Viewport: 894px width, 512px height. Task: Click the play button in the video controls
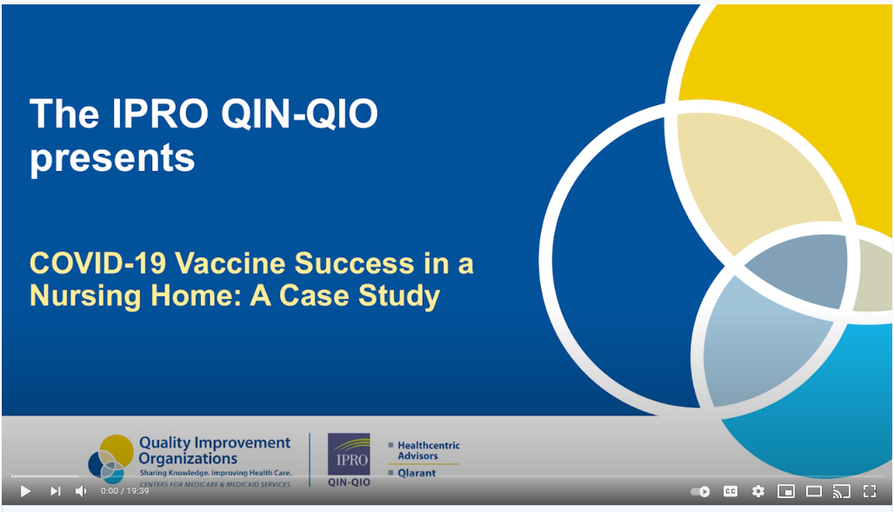point(25,491)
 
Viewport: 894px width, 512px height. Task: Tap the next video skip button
point(56,491)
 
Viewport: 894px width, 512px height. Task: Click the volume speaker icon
point(81,491)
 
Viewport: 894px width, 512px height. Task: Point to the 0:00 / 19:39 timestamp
point(125,491)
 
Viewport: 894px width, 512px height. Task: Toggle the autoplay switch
point(700,491)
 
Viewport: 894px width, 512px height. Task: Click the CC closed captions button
point(731,491)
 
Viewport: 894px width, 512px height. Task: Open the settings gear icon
point(758,491)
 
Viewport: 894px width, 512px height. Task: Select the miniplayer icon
point(786,491)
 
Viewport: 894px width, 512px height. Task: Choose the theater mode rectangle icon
point(814,491)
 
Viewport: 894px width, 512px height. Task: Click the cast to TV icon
point(841,491)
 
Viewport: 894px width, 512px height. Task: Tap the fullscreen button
point(869,491)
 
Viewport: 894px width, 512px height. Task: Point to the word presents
point(112,159)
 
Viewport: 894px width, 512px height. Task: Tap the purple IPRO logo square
point(349,455)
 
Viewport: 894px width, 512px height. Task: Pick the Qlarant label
point(417,474)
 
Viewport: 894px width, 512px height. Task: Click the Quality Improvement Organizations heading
point(214,450)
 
